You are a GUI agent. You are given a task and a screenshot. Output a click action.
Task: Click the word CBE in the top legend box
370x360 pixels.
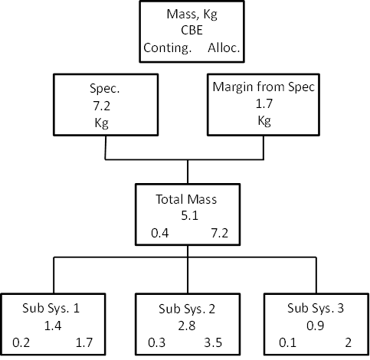pos(192,31)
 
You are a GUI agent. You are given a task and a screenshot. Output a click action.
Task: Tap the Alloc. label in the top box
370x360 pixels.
pos(224,47)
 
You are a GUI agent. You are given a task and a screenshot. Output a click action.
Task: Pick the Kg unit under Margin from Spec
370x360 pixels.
pos(264,120)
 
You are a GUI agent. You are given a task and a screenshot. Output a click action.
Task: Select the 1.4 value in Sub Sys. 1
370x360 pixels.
pos(53,326)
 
